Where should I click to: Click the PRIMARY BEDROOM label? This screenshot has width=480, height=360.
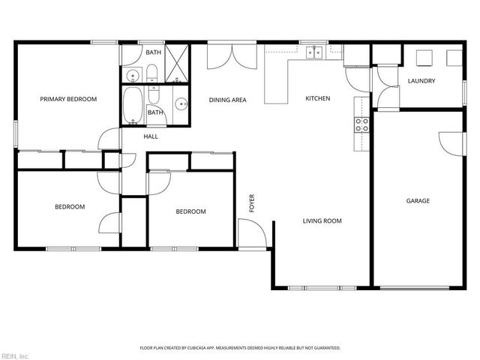pyautogui.click(x=68, y=98)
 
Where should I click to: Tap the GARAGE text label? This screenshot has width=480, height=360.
pyautogui.click(x=418, y=200)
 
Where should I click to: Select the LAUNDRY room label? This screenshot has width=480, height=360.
pyautogui.click(x=421, y=81)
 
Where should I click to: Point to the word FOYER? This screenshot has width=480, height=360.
pyautogui.click(x=253, y=203)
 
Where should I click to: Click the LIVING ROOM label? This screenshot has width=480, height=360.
pyautogui.click(x=322, y=220)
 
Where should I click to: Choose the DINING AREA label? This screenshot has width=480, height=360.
pyautogui.click(x=227, y=100)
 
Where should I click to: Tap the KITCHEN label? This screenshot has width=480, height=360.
pyautogui.click(x=317, y=98)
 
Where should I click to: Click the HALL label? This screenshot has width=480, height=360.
pyautogui.click(x=151, y=136)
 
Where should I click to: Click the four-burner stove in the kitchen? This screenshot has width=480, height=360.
pyautogui.click(x=361, y=124)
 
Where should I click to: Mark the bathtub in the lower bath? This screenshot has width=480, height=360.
pyautogui.click(x=133, y=106)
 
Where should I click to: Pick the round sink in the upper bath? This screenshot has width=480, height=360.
pyautogui.click(x=132, y=75)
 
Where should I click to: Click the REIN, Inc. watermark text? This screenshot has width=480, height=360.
pyautogui.click(x=15, y=355)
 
